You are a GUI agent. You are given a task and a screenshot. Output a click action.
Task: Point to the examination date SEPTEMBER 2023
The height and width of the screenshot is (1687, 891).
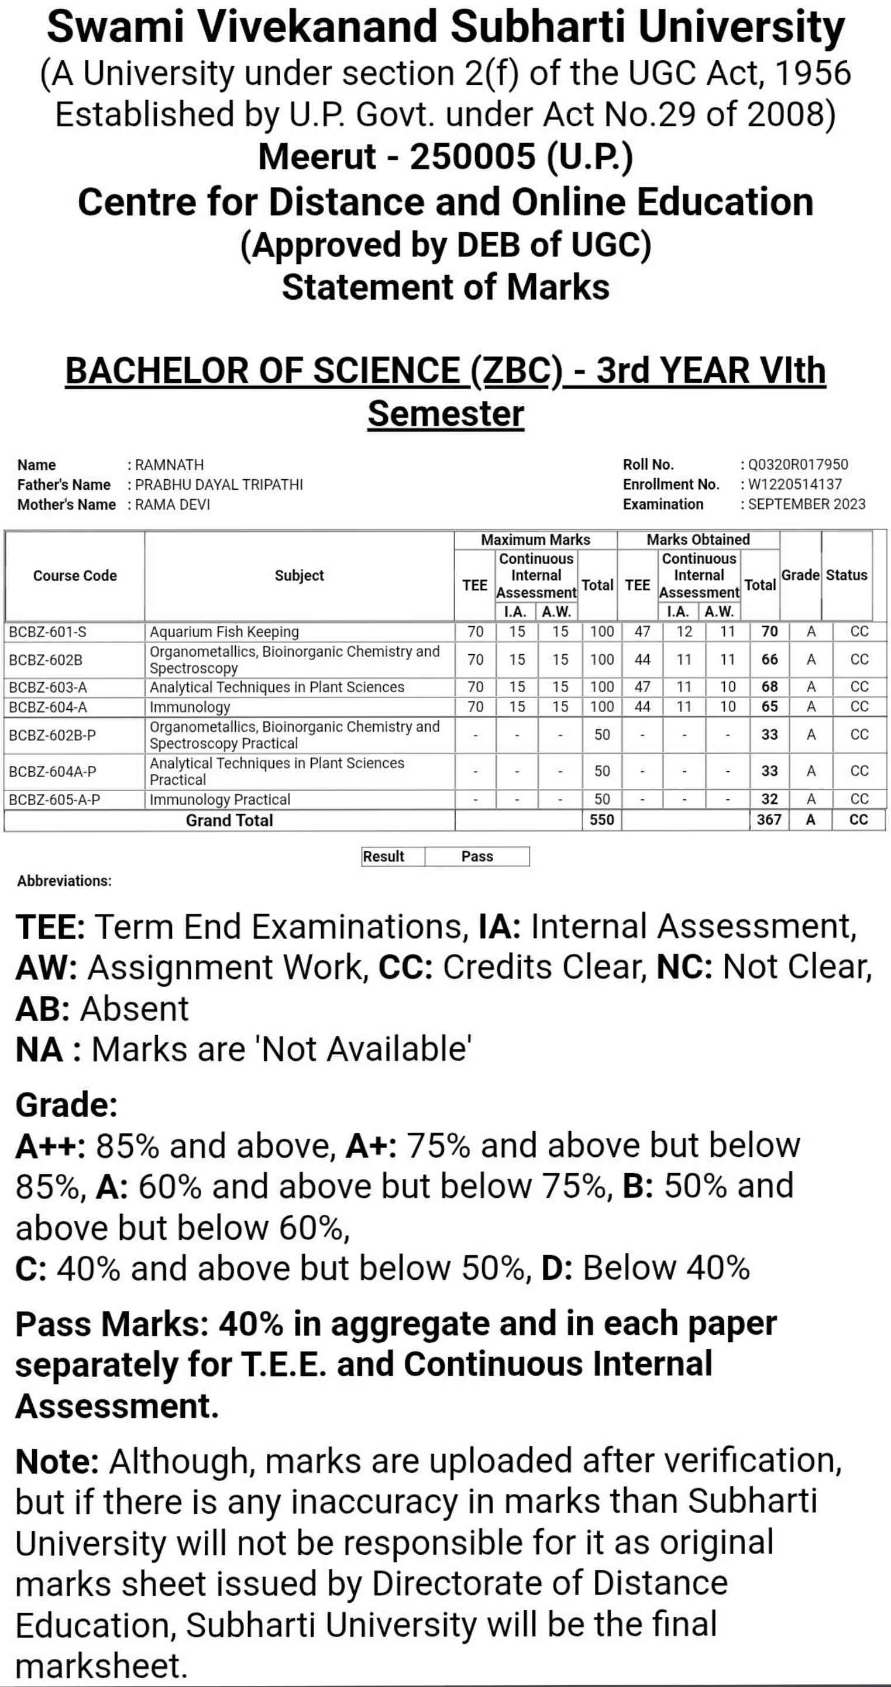tap(806, 504)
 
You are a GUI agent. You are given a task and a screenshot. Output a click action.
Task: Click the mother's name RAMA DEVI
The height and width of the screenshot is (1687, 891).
tap(172, 504)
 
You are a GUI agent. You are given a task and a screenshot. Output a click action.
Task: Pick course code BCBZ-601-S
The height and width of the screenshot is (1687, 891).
tap(47, 632)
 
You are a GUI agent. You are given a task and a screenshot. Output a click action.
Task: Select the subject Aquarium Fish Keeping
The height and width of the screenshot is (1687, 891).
tap(224, 632)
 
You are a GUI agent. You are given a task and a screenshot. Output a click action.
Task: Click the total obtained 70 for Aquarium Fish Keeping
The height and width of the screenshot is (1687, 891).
tap(769, 631)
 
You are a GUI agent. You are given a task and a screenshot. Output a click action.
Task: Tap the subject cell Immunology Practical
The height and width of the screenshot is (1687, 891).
tap(219, 800)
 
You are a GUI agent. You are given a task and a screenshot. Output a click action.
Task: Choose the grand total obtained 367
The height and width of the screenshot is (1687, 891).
tap(769, 820)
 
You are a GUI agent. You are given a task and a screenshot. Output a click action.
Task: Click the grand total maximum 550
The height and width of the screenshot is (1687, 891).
tap(601, 820)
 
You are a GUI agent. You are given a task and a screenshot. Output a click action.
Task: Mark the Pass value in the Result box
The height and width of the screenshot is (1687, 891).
tap(477, 857)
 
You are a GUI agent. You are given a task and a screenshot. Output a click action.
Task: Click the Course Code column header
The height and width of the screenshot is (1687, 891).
tap(75, 576)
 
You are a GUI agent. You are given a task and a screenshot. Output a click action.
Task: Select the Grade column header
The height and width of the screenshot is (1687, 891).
tap(800, 575)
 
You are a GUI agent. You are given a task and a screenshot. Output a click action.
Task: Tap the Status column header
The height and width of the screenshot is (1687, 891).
tap(846, 575)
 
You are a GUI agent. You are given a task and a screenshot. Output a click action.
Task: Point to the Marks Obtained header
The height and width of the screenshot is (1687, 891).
tap(698, 540)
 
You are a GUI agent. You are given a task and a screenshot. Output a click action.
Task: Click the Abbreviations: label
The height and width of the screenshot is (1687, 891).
tap(64, 881)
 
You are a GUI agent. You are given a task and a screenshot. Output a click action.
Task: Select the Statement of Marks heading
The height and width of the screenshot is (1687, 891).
tap(445, 287)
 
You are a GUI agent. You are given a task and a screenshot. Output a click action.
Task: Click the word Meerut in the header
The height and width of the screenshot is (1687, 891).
tap(317, 157)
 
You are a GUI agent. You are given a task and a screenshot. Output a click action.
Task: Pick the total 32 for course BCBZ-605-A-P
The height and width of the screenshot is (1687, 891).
tap(769, 800)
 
